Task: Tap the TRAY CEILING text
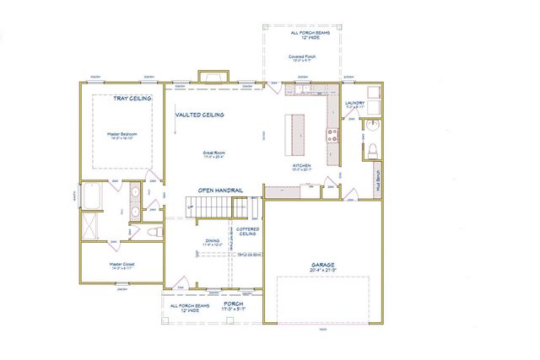point(132,98)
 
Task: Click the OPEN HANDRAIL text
point(220,191)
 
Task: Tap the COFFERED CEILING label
point(247,231)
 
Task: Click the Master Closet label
point(122,265)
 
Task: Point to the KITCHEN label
point(302,166)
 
